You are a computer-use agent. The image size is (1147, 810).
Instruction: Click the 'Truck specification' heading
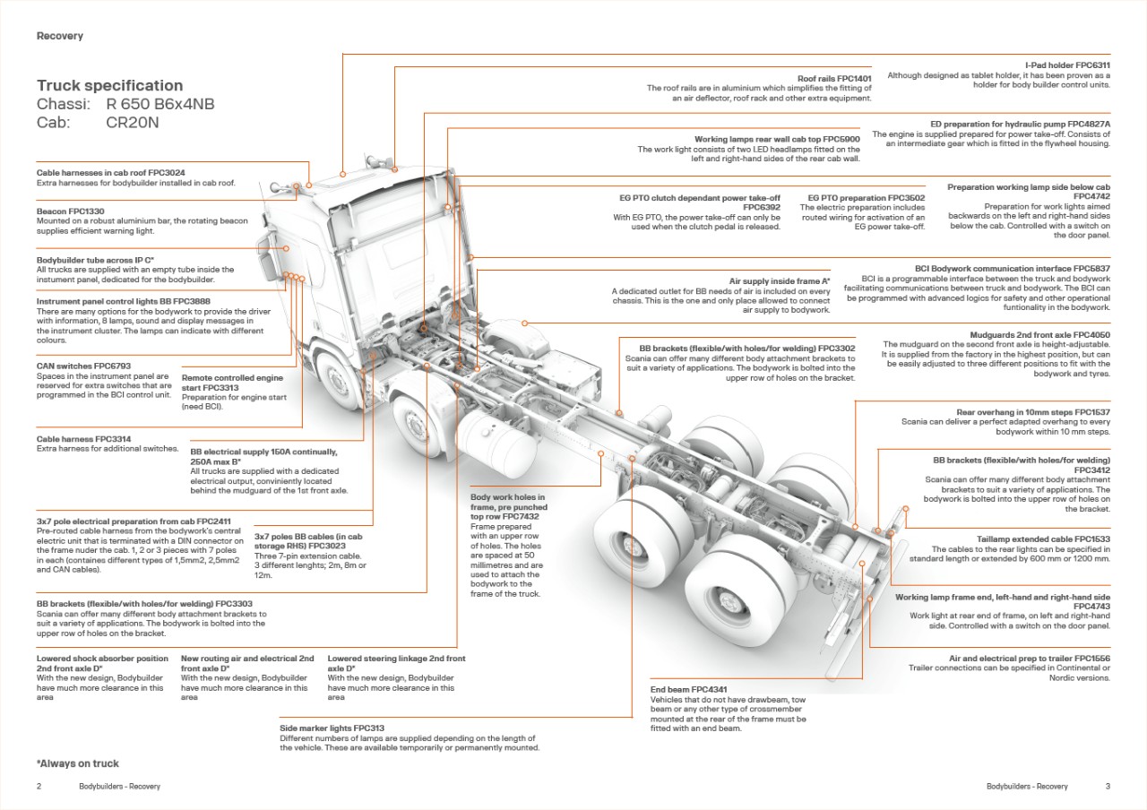(x=109, y=86)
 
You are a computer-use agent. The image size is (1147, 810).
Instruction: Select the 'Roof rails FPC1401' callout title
(x=834, y=79)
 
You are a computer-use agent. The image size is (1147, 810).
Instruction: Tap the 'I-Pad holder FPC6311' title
(x=1067, y=65)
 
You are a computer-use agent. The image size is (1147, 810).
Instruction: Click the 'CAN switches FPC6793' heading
(x=83, y=366)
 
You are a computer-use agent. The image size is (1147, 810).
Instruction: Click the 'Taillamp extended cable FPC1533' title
(x=1043, y=539)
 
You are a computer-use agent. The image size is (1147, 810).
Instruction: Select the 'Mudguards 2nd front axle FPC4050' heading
(x=1039, y=335)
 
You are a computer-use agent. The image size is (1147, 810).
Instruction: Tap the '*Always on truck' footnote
(x=78, y=763)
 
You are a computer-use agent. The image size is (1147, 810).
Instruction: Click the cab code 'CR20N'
(x=132, y=123)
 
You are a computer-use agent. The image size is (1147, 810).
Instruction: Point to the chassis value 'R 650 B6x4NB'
(x=160, y=105)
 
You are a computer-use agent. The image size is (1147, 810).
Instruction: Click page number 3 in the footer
(x=1108, y=787)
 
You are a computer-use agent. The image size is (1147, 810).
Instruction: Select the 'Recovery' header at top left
(x=60, y=36)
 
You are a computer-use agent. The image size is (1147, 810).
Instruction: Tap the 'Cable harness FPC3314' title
(x=83, y=439)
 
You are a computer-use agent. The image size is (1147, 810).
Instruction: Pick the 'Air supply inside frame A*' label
(x=780, y=281)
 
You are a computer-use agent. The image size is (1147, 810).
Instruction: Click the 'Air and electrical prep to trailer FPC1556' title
(x=1030, y=659)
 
